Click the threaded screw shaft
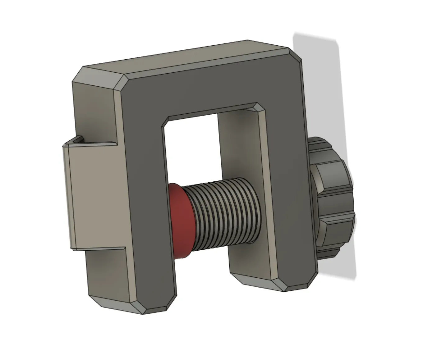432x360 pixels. [x=224, y=211]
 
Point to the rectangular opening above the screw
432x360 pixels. [x=193, y=146]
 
